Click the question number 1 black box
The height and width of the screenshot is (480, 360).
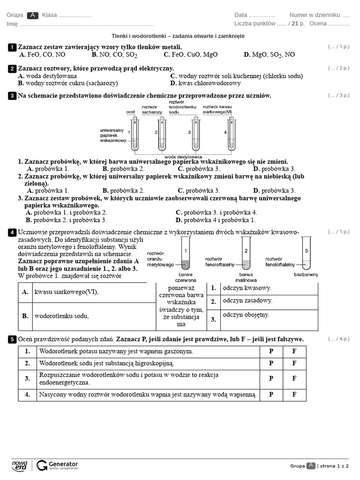pyautogui.click(x=12, y=47)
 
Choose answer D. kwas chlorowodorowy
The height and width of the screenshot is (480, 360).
pyautogui.click(x=205, y=83)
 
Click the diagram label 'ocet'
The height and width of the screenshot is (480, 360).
pyautogui.click(x=131, y=112)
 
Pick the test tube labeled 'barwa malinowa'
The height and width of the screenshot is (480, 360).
pyautogui.click(x=246, y=253)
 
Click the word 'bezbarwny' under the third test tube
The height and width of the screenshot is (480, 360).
pyautogui.click(x=306, y=274)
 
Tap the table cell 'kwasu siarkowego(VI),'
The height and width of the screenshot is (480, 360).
pyautogui.click(x=67, y=292)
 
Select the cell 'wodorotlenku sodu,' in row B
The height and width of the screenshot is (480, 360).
pyautogui.click(x=61, y=316)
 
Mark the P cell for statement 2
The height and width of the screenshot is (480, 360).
pyautogui.click(x=271, y=363)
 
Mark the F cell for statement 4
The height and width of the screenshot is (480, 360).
pyautogui.click(x=294, y=394)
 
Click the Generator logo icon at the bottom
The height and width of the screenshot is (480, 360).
pyautogui.click(x=42, y=465)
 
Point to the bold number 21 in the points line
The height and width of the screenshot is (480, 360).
pyautogui.click(x=296, y=23)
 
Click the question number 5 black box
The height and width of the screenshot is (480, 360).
pyautogui.click(x=12, y=339)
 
